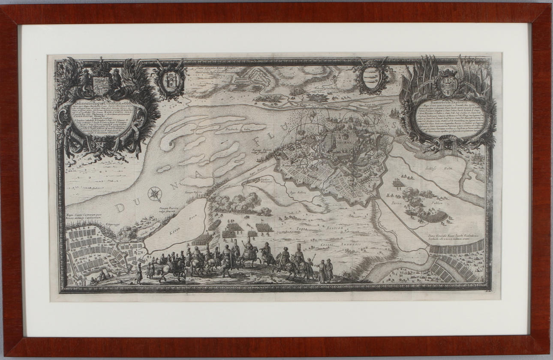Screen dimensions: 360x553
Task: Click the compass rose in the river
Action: pyautogui.click(x=154, y=194)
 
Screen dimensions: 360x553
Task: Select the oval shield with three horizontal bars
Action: pyautogui.click(x=372, y=78)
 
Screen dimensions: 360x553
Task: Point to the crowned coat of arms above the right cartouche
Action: pyautogui.click(x=448, y=81)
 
